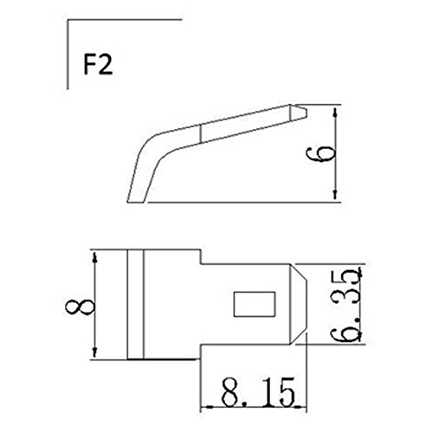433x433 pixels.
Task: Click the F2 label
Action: [x=98, y=65]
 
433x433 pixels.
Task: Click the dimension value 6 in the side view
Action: [x=321, y=152]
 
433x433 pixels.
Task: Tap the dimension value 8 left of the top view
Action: [x=80, y=307]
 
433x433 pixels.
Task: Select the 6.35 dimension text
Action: [x=346, y=305]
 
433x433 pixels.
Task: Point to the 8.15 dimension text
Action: [x=258, y=391]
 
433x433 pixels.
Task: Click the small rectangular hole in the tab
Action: [x=255, y=304]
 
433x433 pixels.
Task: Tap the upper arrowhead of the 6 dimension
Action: [x=335, y=113]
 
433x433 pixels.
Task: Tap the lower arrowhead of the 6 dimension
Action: [x=335, y=195]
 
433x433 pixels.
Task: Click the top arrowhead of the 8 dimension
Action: [x=94, y=257]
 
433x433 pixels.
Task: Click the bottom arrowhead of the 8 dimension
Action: [x=94, y=352]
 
